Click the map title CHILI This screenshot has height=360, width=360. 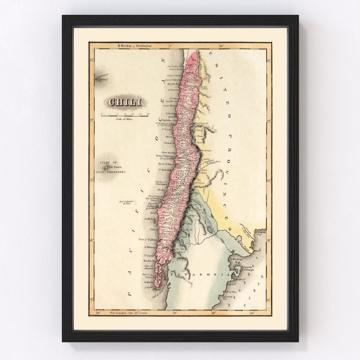(x=124, y=102)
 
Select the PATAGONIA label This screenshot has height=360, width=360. (x=199, y=274)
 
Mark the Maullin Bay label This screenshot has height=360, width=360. (x=150, y=260)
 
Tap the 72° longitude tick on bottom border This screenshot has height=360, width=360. (x=175, y=313)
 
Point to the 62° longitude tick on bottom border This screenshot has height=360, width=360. (x=252, y=313)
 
